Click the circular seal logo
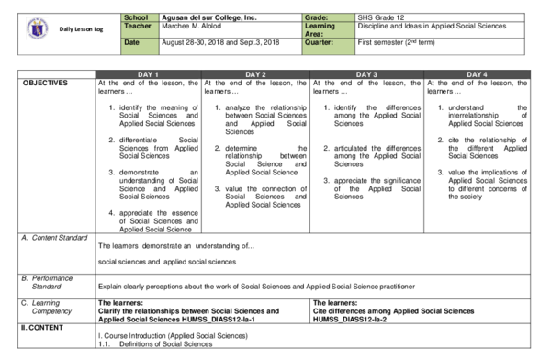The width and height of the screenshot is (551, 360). (x=38, y=29)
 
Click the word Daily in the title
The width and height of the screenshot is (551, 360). (x=67, y=29)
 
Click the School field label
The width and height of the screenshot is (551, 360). (x=135, y=17)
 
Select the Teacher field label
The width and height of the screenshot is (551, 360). (x=137, y=26)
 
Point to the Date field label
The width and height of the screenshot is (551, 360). (x=131, y=42)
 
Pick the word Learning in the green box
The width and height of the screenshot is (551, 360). (x=320, y=26)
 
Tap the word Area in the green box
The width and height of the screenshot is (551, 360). (x=312, y=34)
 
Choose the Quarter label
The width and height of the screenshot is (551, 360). (x=319, y=42)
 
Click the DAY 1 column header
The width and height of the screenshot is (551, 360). (x=148, y=74)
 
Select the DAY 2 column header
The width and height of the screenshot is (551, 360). (x=255, y=74)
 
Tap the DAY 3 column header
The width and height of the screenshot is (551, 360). (x=366, y=74)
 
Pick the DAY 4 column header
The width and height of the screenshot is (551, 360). (x=477, y=74)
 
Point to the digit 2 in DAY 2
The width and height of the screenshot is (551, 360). (x=264, y=74)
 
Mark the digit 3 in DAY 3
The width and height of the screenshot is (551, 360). (x=375, y=74)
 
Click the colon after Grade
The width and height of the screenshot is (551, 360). (x=328, y=17)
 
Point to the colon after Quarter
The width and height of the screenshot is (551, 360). (x=332, y=42)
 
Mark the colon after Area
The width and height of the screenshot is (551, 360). (x=321, y=34)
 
